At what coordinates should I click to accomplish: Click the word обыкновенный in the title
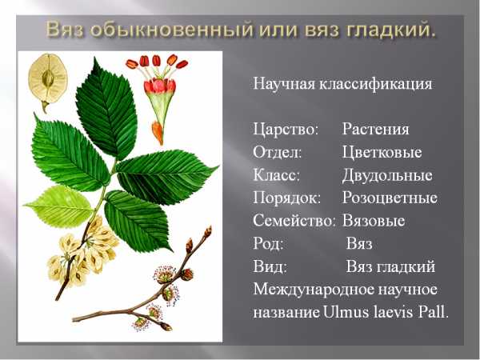[x=171, y=30]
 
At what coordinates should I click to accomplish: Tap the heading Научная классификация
[x=342, y=83]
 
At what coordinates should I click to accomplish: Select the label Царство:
[x=286, y=130]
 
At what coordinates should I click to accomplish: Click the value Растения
[x=376, y=129]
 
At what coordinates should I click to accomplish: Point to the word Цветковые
[x=382, y=152]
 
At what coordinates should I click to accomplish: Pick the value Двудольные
[x=387, y=175]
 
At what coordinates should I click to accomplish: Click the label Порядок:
[x=287, y=198]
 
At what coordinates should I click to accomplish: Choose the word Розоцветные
[x=390, y=198]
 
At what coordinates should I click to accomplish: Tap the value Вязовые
[x=374, y=221]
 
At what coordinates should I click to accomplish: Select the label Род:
[x=268, y=244]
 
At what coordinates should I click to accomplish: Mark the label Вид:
[x=270, y=266]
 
